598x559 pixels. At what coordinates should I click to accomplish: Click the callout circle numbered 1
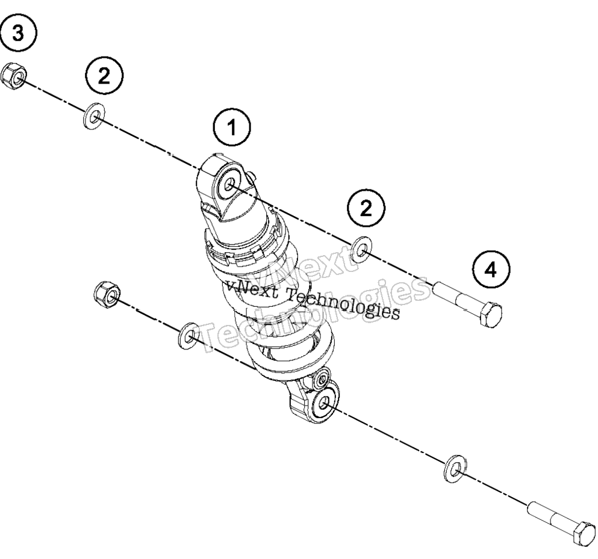pyautogui.click(x=232, y=128)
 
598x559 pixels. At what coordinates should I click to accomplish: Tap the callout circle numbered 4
pyautogui.click(x=491, y=270)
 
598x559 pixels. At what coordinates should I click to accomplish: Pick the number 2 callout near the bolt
pyautogui.click(x=366, y=208)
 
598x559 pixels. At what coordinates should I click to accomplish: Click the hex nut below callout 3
pyautogui.click(x=13, y=76)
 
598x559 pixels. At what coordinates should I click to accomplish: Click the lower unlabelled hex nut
pyautogui.click(x=107, y=295)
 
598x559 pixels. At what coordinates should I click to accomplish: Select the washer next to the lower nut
pyautogui.click(x=189, y=335)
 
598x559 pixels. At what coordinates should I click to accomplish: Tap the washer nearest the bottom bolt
pyautogui.click(x=455, y=468)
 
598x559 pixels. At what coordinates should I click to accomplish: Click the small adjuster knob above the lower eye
pyautogui.click(x=322, y=378)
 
